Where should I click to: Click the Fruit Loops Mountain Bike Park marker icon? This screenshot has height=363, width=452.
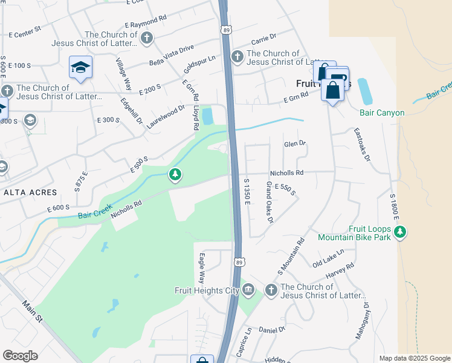click(399, 232)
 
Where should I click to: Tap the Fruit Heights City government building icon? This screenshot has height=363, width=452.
click(248, 290)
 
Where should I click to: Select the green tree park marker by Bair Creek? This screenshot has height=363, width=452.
click(175, 175)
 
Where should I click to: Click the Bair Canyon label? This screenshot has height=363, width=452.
click(381, 113)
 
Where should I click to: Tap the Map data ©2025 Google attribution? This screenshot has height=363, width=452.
click(414, 358)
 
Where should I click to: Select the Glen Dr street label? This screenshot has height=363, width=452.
click(295, 144)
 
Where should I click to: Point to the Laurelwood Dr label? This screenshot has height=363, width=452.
click(165, 113)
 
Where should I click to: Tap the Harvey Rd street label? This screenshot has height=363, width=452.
click(341, 269)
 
